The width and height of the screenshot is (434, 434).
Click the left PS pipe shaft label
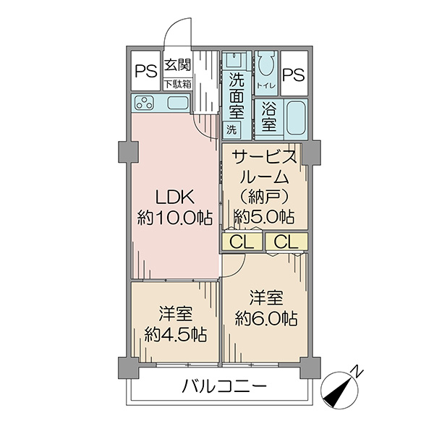[146, 71]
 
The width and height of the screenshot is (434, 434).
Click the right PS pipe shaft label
[294, 75]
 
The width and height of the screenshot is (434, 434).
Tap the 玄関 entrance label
[177, 65]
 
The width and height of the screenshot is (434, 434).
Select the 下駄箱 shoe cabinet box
[177, 84]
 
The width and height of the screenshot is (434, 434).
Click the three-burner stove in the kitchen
[144, 103]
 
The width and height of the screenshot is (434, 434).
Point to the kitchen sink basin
[177, 103]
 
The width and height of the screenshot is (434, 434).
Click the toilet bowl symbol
[266, 64]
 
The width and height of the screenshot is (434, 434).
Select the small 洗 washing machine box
[231, 129]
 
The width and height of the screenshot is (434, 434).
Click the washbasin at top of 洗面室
[234, 60]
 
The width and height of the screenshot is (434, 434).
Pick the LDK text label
[174, 197]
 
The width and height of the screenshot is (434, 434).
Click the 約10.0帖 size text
[175, 218]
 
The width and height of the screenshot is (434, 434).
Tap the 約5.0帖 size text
[264, 216]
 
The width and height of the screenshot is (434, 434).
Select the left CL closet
[242, 242]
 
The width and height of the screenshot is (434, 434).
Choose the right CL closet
[286, 242]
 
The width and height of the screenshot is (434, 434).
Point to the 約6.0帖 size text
[266, 319]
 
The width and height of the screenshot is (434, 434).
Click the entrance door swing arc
[171, 26]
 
